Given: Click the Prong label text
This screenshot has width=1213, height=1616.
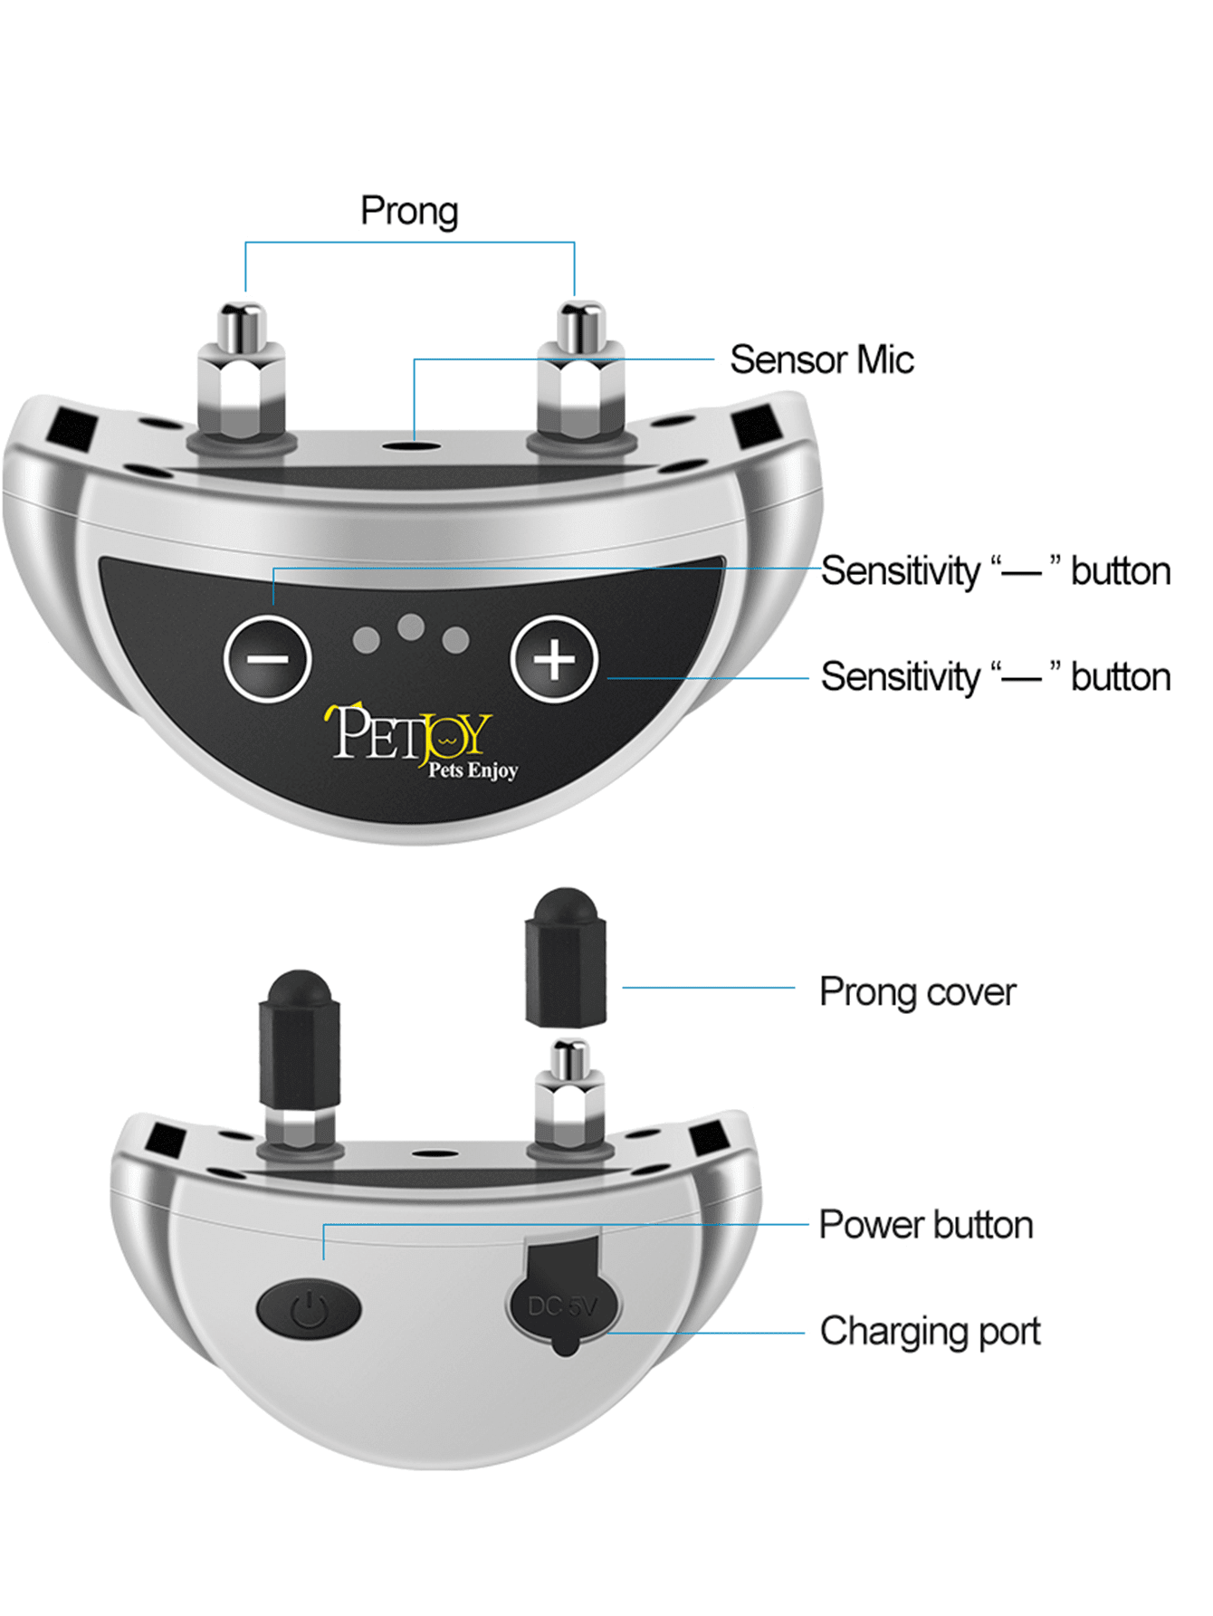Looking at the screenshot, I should pyautogui.click(x=409, y=211).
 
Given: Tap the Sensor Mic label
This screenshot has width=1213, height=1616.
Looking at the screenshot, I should pyautogui.click(x=821, y=359).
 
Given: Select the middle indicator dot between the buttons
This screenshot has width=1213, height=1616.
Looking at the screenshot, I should pyautogui.click(x=411, y=626).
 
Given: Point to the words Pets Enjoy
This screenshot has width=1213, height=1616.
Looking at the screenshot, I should pyautogui.click(x=473, y=770).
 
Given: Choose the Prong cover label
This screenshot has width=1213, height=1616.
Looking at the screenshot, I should pyautogui.click(x=917, y=991).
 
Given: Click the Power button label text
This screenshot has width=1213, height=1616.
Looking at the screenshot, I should pyautogui.click(x=925, y=1224).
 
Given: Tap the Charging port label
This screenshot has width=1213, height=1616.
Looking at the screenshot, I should pyautogui.click(x=930, y=1331).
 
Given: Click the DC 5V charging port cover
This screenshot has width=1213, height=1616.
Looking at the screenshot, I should pyautogui.click(x=563, y=1300).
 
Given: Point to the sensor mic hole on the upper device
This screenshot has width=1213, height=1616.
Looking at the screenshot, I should pyautogui.click(x=412, y=445).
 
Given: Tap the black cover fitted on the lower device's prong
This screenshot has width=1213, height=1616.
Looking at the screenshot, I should pyautogui.click(x=299, y=1041).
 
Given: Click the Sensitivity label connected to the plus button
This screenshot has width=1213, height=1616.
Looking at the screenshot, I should pyautogui.click(x=995, y=677).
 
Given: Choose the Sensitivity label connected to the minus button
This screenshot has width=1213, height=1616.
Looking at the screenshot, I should pyautogui.click(x=995, y=571).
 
